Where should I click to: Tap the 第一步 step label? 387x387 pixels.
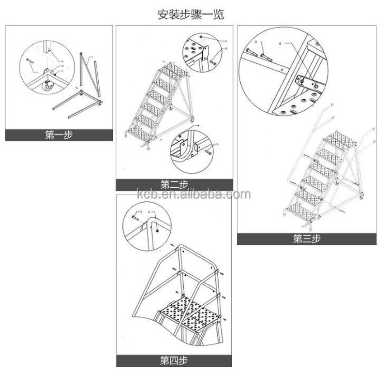[x=59, y=135]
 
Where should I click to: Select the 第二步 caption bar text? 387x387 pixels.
[x=174, y=184]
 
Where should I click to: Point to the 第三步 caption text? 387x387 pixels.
[x=306, y=238]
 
